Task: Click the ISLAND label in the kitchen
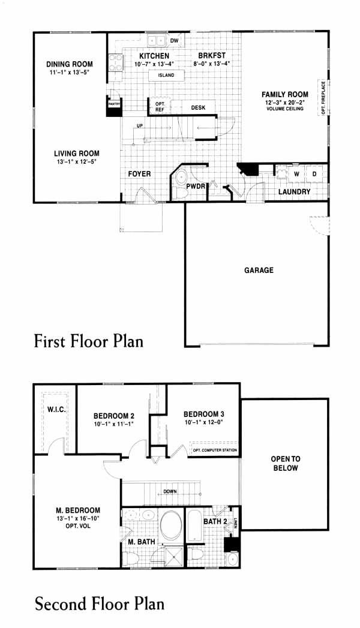[166, 76]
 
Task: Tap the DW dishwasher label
[174, 41]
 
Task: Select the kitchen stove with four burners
[116, 63]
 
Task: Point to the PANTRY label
[114, 103]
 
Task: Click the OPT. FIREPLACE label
[323, 97]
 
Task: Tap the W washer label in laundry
[297, 174]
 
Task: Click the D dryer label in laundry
[314, 174]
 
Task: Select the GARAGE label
[259, 270]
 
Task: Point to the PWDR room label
[196, 187]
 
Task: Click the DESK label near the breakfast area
[198, 107]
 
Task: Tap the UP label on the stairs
[140, 126]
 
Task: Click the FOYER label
[139, 174]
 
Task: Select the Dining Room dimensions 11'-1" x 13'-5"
[69, 73]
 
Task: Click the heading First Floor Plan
[88, 341]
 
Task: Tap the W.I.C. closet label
[56, 410]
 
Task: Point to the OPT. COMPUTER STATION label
[215, 450]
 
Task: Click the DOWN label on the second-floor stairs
[170, 491]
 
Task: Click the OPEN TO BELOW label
[286, 464]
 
